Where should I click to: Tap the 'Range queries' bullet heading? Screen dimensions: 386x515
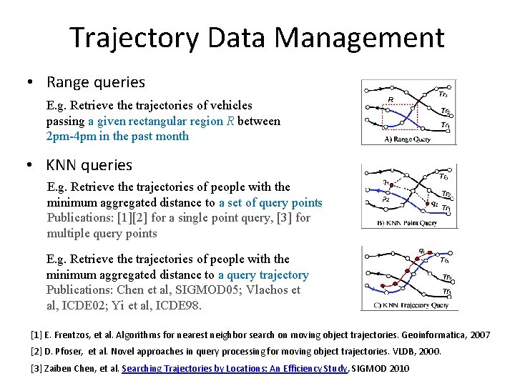pos(95,82)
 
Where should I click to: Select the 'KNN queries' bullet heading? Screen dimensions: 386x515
pos(89,165)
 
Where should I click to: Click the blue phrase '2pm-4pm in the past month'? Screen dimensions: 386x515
pos(117,137)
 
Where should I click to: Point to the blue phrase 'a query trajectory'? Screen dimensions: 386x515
pos(263,275)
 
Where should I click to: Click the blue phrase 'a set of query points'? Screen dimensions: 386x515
pos(270,203)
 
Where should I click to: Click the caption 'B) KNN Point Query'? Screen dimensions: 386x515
pos(406,223)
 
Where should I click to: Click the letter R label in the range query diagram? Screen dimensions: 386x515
pos(391,99)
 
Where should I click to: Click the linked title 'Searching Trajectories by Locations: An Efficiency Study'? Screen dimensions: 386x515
pos(234,369)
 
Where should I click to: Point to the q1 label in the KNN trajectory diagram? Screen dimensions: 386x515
pos(423,252)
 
